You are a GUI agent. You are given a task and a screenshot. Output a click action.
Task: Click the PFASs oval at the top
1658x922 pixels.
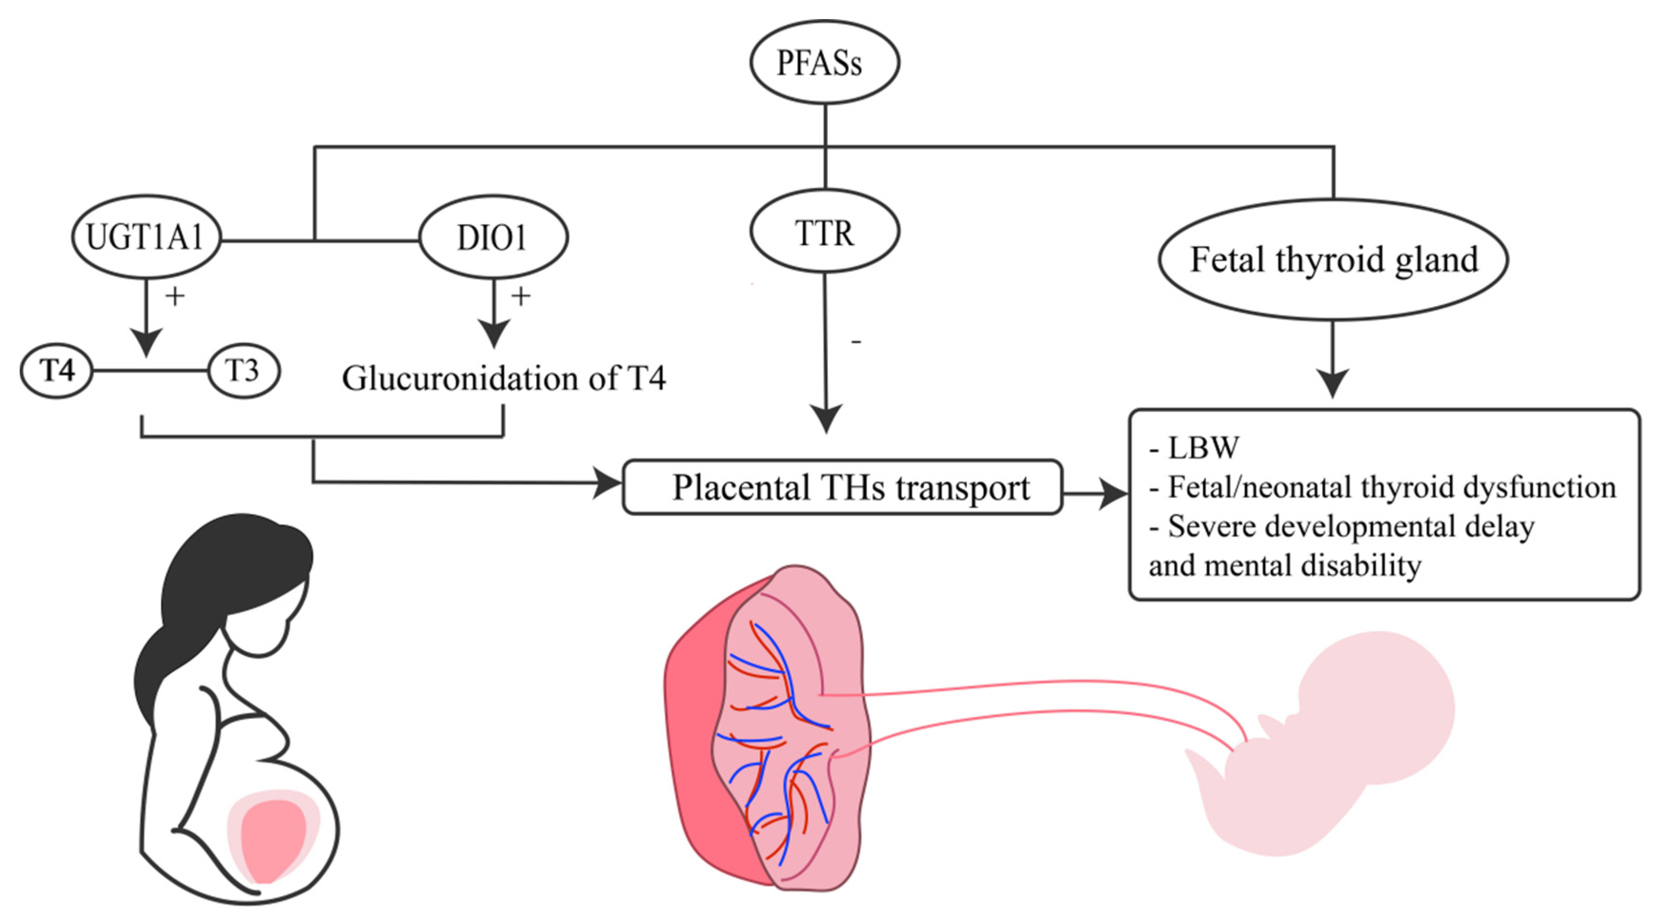click(x=824, y=62)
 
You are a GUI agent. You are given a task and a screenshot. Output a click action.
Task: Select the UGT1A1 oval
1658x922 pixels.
click(x=146, y=237)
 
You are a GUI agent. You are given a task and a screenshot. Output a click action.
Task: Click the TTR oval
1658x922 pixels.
click(x=824, y=232)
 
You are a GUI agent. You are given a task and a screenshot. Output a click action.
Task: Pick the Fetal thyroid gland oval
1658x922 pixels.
click(x=1333, y=259)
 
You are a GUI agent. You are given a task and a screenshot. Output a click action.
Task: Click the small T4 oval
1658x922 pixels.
click(x=57, y=371)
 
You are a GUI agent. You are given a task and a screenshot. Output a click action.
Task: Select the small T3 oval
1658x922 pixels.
click(x=243, y=371)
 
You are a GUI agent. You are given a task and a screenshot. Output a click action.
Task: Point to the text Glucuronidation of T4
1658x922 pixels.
click(x=503, y=378)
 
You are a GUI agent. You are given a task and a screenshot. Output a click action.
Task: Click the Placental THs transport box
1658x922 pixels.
click(x=842, y=487)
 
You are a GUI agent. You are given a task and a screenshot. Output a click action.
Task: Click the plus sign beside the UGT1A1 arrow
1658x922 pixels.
click(x=175, y=296)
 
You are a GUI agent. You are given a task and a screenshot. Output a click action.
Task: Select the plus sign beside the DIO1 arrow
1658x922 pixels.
click(x=521, y=296)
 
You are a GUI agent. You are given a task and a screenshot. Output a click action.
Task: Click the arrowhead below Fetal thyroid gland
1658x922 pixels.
click(x=1332, y=384)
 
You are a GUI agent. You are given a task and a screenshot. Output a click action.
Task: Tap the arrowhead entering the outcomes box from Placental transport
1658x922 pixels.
click(x=1114, y=494)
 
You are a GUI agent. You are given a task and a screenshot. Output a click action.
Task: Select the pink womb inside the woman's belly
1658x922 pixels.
click(x=273, y=836)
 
